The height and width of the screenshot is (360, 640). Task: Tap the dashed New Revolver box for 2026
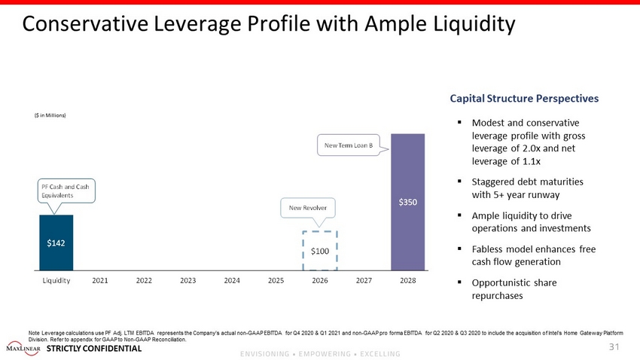pyautogui.click(x=320, y=249)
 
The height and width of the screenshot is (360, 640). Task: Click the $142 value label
pyautogui.click(x=56, y=243)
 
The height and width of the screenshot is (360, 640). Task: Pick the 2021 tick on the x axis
pyautogui.click(x=100, y=280)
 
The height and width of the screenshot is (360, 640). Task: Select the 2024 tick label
pyautogui.click(x=232, y=280)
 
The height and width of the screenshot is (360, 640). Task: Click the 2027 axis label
pyautogui.click(x=364, y=280)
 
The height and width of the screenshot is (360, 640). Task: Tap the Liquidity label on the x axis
pyautogui.click(x=56, y=280)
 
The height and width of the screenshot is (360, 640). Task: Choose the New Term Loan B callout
pyautogui.click(x=349, y=145)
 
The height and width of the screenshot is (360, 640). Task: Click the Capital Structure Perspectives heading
pyautogui.click(x=524, y=98)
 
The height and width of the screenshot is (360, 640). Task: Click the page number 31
pyautogui.click(x=612, y=347)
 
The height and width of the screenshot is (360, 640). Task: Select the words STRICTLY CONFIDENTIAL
pyautogui.click(x=93, y=349)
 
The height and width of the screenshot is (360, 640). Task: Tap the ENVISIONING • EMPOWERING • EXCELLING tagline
pyautogui.click(x=320, y=353)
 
